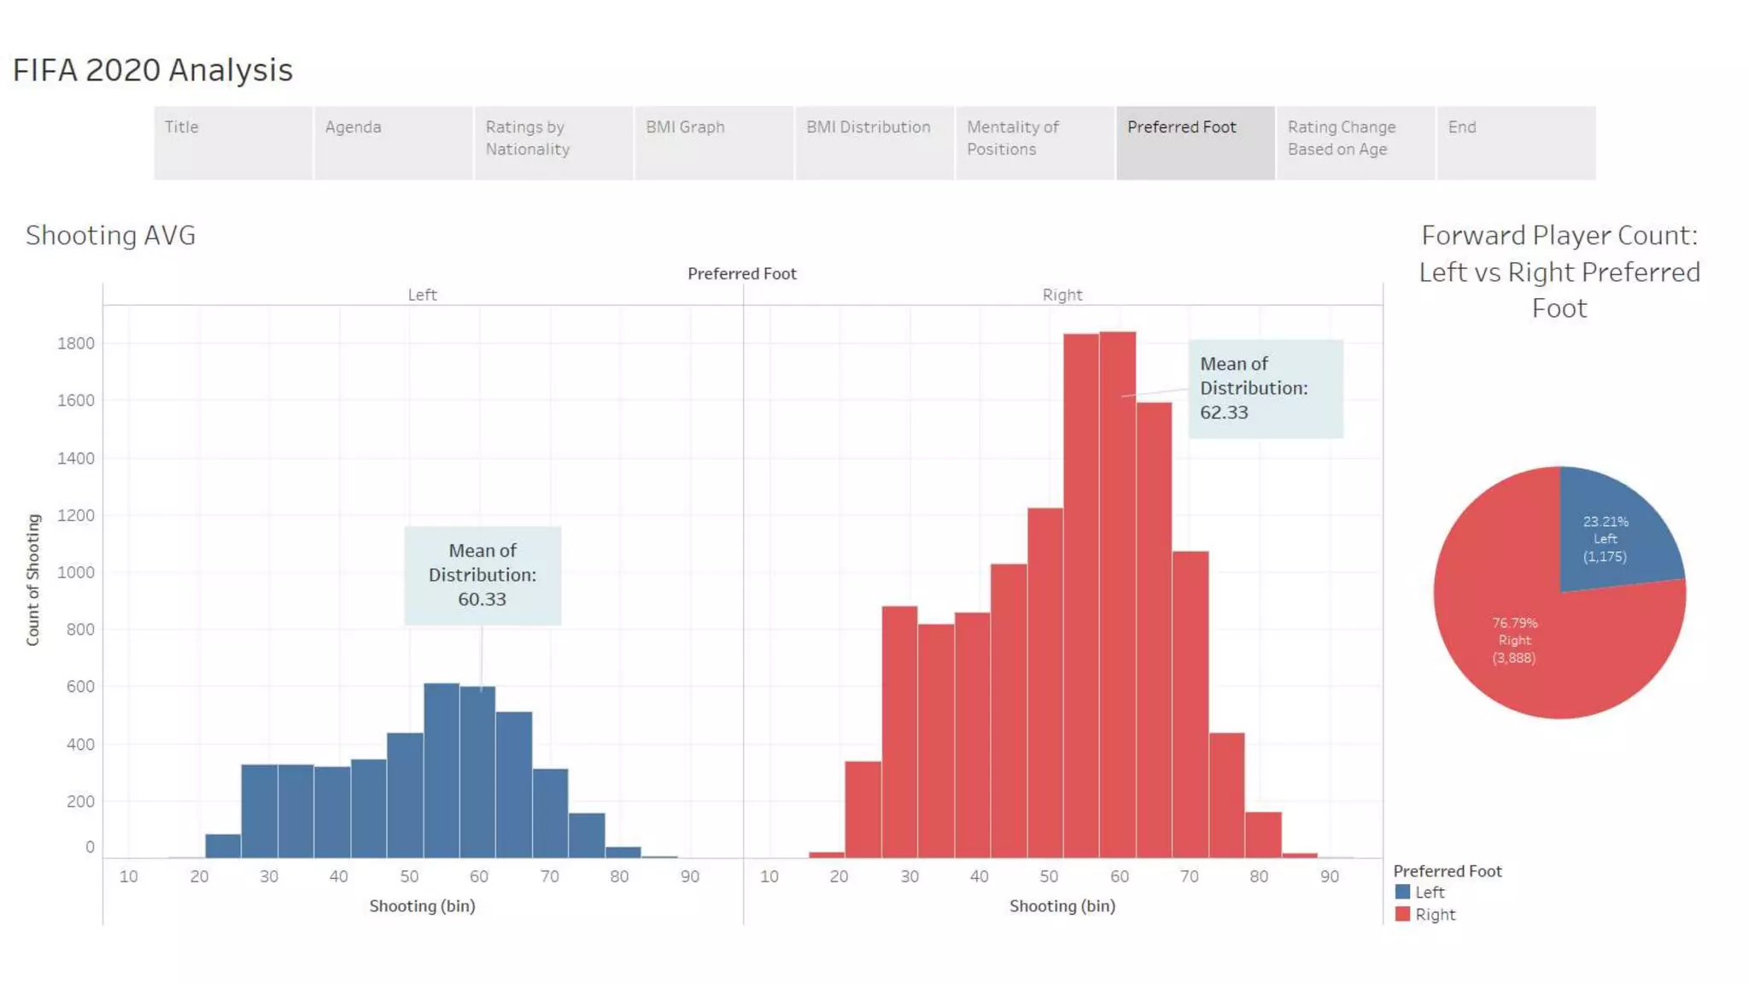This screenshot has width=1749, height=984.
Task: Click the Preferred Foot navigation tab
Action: (1194, 142)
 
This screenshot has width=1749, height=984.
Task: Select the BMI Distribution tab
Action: (874, 142)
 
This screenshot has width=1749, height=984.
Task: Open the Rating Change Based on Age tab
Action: (1354, 142)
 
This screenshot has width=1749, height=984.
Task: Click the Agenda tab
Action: (393, 142)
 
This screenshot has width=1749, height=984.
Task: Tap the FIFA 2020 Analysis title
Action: (153, 70)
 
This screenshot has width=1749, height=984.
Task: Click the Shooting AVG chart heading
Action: (110, 235)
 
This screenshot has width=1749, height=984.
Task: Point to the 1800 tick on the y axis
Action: (76, 343)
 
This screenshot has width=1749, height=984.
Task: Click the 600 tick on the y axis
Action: (79, 687)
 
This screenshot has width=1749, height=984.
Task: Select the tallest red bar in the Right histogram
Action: (1117, 598)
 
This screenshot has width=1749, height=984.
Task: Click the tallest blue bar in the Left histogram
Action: (442, 769)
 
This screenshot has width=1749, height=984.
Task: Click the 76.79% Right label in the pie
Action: (1514, 640)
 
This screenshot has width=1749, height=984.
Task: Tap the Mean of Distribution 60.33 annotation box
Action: (483, 575)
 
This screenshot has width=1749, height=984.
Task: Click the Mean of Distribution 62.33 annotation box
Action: (1265, 389)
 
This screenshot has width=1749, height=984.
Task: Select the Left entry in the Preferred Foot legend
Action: (1429, 892)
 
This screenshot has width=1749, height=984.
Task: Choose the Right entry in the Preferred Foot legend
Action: (1434, 914)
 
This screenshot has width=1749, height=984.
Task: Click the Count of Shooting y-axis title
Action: (33, 579)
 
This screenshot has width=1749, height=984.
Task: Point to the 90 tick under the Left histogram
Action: (689, 876)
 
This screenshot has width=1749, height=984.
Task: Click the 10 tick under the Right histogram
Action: (769, 876)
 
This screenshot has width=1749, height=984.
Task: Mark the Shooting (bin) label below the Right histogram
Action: (1062, 905)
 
